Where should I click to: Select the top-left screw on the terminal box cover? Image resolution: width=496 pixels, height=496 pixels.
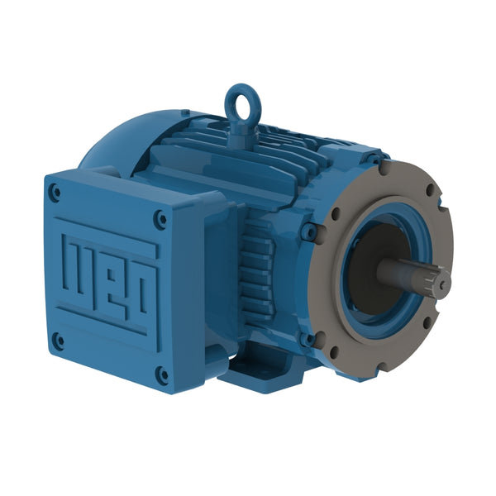pos(55,193)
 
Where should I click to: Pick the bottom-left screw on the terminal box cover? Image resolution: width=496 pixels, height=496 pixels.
pos(58,338)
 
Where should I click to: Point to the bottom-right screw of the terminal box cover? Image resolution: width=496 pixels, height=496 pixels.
pos(163,374)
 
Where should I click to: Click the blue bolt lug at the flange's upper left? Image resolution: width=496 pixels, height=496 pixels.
pos(311,232)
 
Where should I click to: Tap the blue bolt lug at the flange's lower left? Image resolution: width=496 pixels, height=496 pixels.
pos(311,336)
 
